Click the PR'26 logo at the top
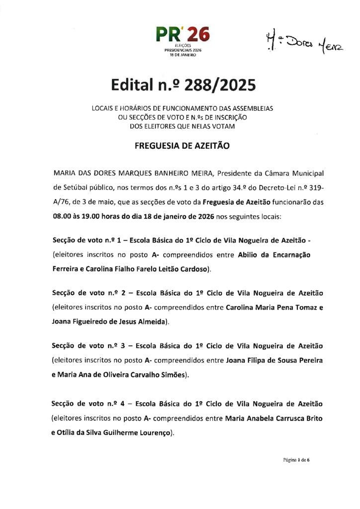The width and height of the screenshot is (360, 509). click(x=182, y=35)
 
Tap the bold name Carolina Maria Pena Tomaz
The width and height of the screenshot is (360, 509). click(x=271, y=307)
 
